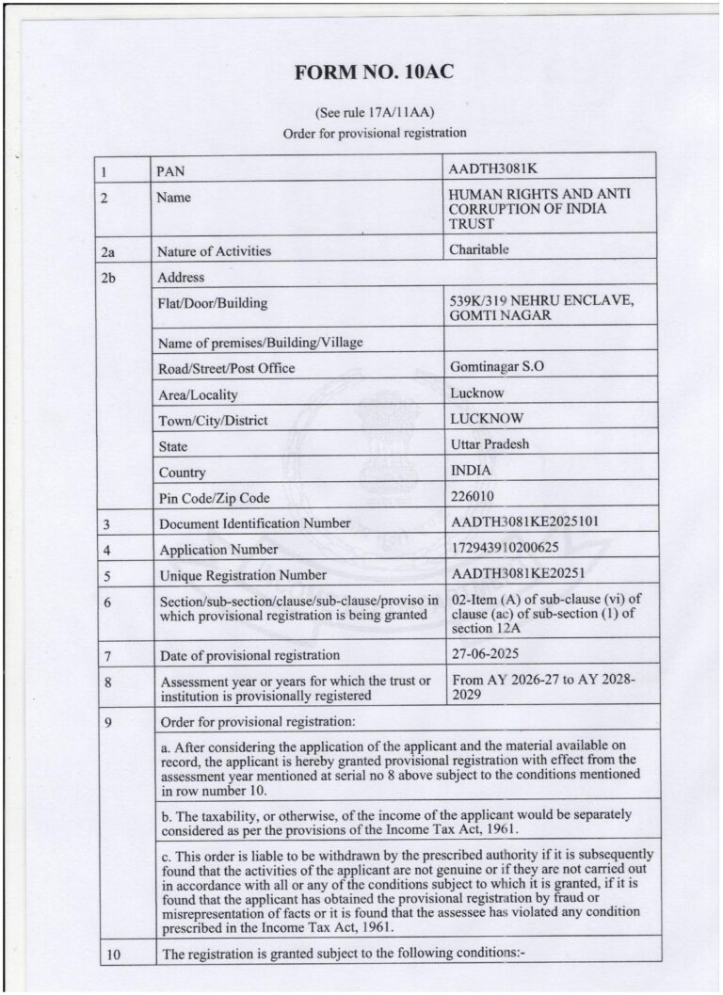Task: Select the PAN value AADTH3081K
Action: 492,169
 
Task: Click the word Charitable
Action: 479,249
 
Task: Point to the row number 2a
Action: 109,251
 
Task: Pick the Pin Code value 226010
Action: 473,495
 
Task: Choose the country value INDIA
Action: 471,470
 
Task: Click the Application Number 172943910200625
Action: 506,547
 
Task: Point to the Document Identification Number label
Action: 254,523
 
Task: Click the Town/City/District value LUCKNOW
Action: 487,418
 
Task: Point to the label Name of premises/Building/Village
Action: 260,342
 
